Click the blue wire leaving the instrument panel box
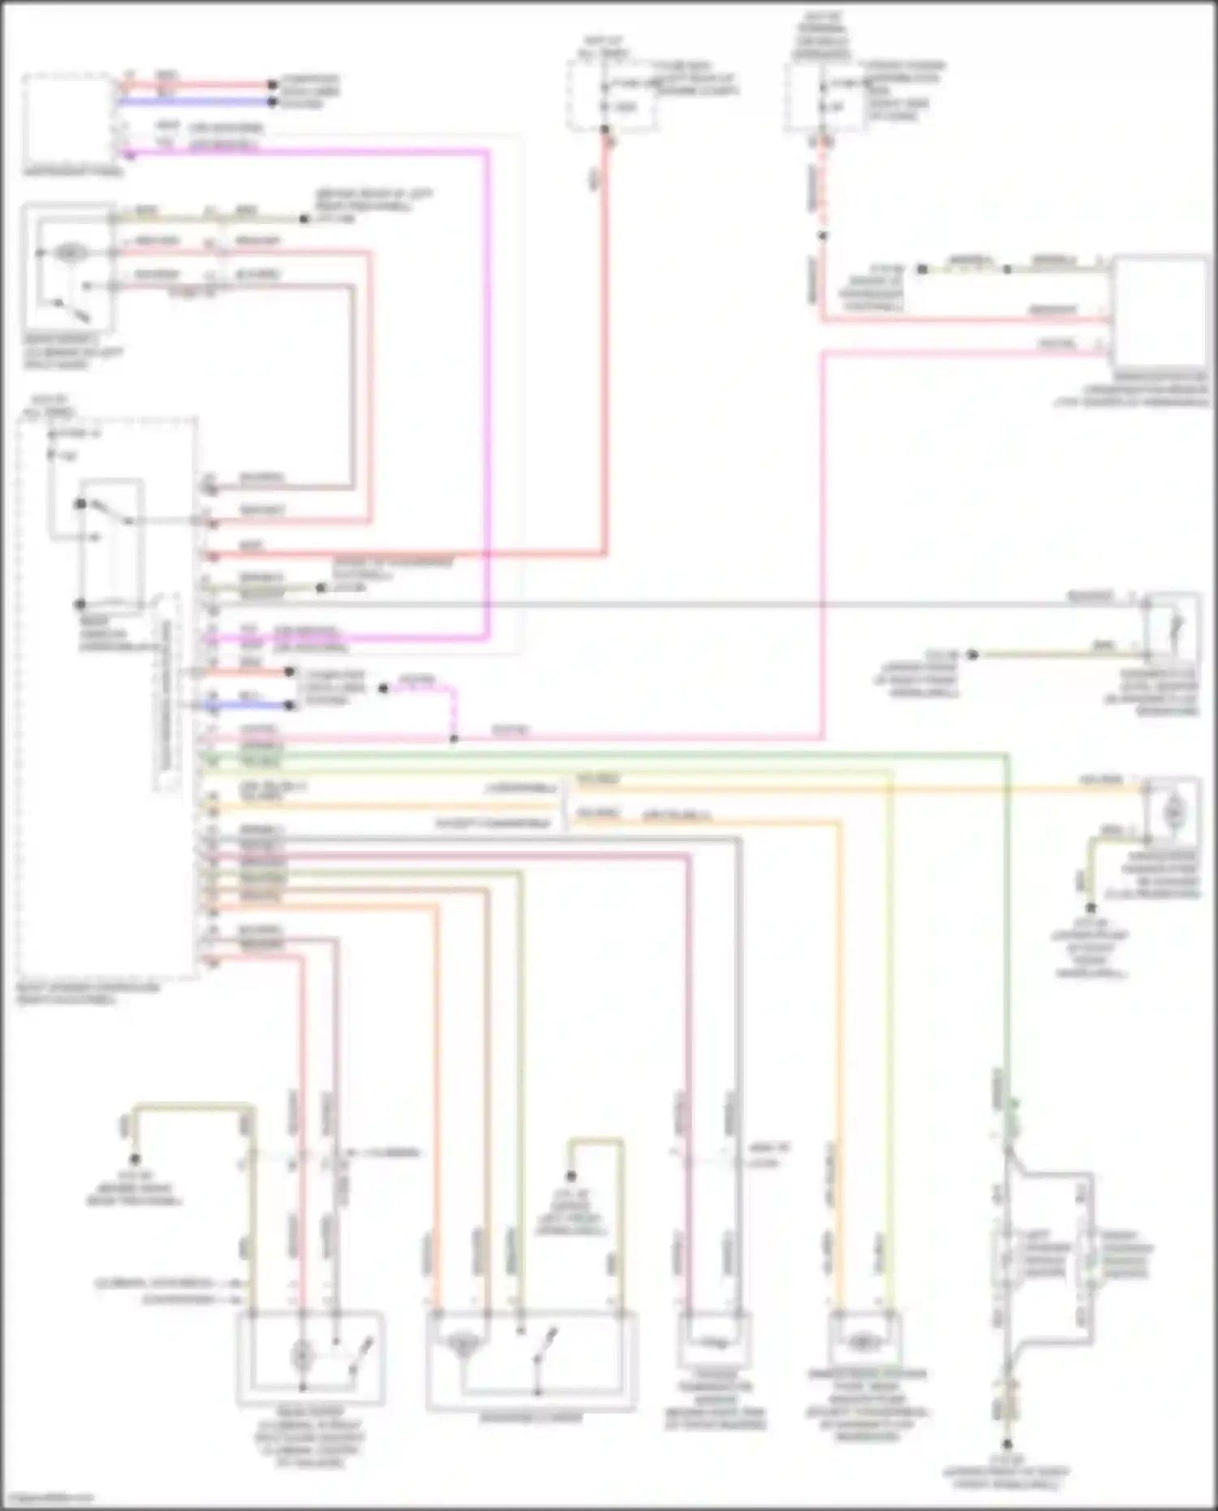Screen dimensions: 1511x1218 pyautogui.click(x=195, y=101)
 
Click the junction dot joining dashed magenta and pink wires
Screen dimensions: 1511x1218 pyautogui.click(x=454, y=739)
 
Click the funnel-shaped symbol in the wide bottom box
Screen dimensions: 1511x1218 pyautogui.click(x=462, y=1345)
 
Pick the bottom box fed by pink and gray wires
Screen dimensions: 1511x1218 pyautogui.click(x=715, y=1340)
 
